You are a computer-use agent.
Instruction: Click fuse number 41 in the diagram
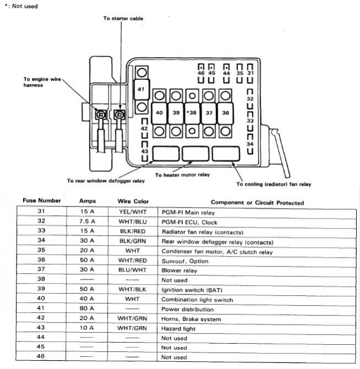[x=141, y=89]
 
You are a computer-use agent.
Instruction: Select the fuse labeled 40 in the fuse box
[x=159, y=113]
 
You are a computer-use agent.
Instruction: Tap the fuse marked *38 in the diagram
[x=192, y=113]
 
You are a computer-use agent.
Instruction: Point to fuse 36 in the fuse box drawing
[x=225, y=113]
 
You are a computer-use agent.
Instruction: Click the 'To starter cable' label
[x=123, y=18]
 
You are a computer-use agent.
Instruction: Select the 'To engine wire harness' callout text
[x=42, y=82]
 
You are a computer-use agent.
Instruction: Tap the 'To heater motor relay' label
[x=182, y=175]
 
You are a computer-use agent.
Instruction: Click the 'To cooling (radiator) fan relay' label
[x=274, y=184]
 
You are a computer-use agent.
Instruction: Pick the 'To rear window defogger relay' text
[x=106, y=181]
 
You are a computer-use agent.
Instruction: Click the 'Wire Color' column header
[x=133, y=202]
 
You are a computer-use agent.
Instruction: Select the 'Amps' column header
[x=88, y=201]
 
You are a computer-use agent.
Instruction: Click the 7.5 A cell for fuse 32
[x=87, y=221]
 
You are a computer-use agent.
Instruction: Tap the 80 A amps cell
[x=87, y=308]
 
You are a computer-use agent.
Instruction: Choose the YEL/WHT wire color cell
[x=133, y=212]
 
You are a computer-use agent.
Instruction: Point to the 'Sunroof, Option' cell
[x=185, y=261]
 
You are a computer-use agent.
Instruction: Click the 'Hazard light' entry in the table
[x=179, y=329]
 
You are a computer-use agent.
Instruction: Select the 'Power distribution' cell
[x=187, y=309]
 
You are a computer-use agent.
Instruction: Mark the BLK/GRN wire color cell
[x=133, y=241]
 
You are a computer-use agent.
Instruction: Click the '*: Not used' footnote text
[x=21, y=6]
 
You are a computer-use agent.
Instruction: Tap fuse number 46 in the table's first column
[x=41, y=356]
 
